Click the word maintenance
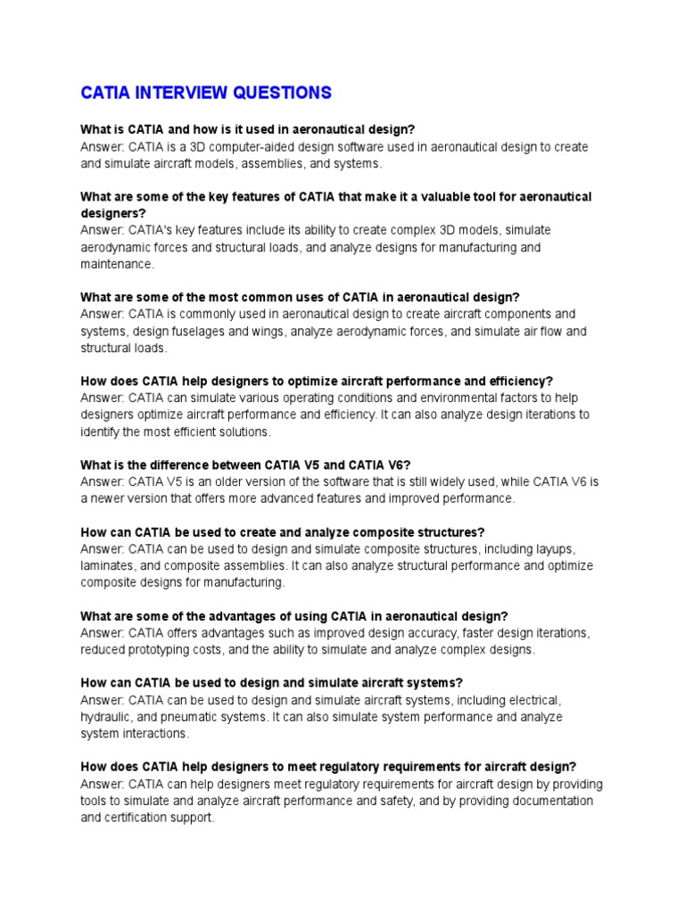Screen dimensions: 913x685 (116, 264)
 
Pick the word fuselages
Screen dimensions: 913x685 (201, 331)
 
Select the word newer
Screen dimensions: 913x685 (110, 498)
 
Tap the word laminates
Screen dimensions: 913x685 (108, 565)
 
